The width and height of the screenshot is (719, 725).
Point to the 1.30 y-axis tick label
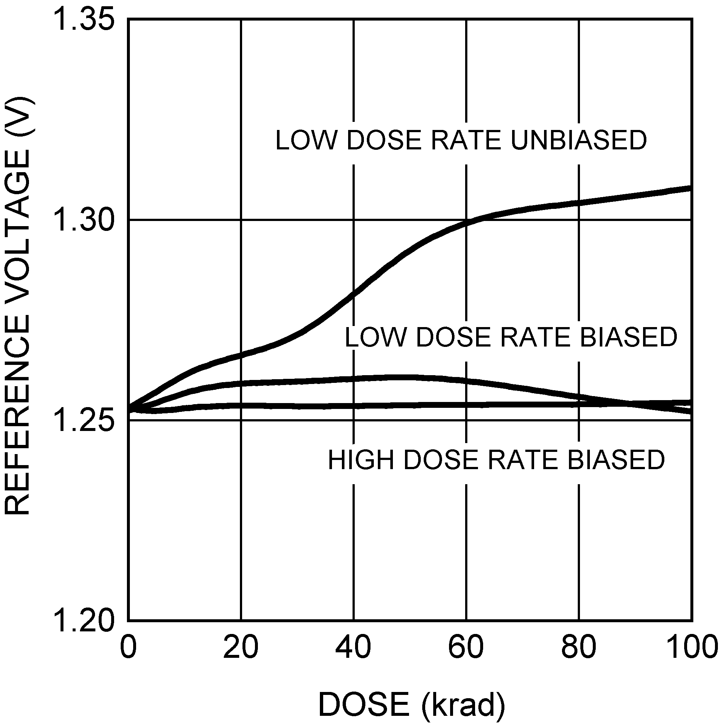click(83, 220)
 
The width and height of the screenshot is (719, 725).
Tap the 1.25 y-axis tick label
click(83, 420)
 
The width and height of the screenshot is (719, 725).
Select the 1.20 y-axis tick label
click(83, 620)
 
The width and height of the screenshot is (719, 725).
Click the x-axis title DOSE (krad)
click(412, 705)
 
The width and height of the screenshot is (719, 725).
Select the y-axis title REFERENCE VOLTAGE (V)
click(17, 306)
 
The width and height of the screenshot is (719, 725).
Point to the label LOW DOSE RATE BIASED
click(511, 337)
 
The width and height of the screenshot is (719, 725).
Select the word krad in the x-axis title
click(463, 705)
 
